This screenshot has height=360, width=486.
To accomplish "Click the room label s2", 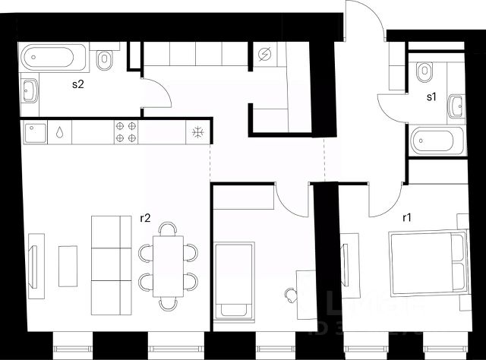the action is click(x=77, y=84).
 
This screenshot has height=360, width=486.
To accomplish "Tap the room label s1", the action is click(x=431, y=96).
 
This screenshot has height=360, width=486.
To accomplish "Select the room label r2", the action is click(x=146, y=218).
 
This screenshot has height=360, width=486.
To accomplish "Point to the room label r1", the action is click(x=407, y=218).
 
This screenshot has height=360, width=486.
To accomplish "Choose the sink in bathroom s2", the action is click(x=31, y=92).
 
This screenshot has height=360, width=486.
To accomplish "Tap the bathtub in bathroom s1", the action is click(x=437, y=141).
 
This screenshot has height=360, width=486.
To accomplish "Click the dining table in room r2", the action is click(x=168, y=266).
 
